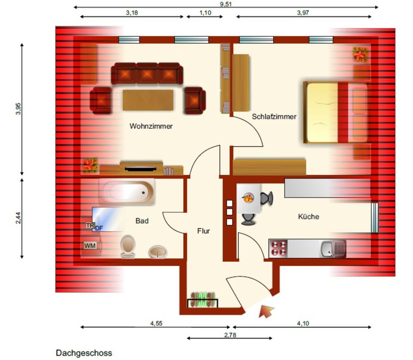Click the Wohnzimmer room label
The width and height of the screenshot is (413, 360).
tap(151, 126)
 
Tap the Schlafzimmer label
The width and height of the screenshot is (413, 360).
tap(274, 116)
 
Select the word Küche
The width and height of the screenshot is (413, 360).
tap(308, 217)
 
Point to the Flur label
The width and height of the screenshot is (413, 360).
tap(203, 231)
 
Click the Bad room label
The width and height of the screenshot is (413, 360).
tap(142, 221)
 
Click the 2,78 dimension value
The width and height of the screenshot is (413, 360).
tap(229, 335)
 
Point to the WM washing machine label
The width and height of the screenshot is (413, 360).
tap(89, 245)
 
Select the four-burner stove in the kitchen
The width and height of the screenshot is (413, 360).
tap(277, 248)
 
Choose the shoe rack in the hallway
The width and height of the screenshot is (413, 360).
tap(202, 300)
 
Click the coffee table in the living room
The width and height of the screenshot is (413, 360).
tap(148, 100)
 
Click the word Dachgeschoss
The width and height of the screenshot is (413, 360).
tap(84, 353)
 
